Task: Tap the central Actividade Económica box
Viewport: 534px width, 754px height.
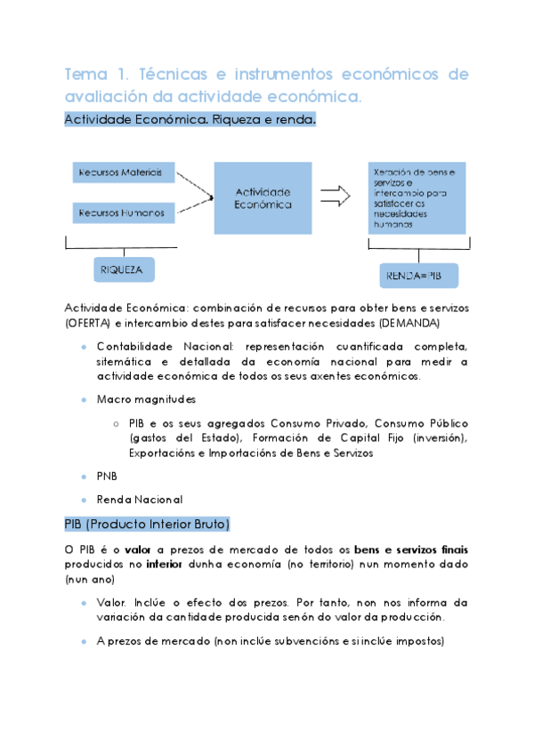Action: [x=263, y=197]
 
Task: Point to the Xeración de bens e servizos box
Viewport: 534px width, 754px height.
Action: [x=417, y=197]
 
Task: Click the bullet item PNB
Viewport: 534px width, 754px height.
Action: [x=107, y=476]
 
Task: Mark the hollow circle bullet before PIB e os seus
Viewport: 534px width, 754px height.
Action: [x=117, y=423]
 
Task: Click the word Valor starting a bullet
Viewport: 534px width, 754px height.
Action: [x=110, y=602]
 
